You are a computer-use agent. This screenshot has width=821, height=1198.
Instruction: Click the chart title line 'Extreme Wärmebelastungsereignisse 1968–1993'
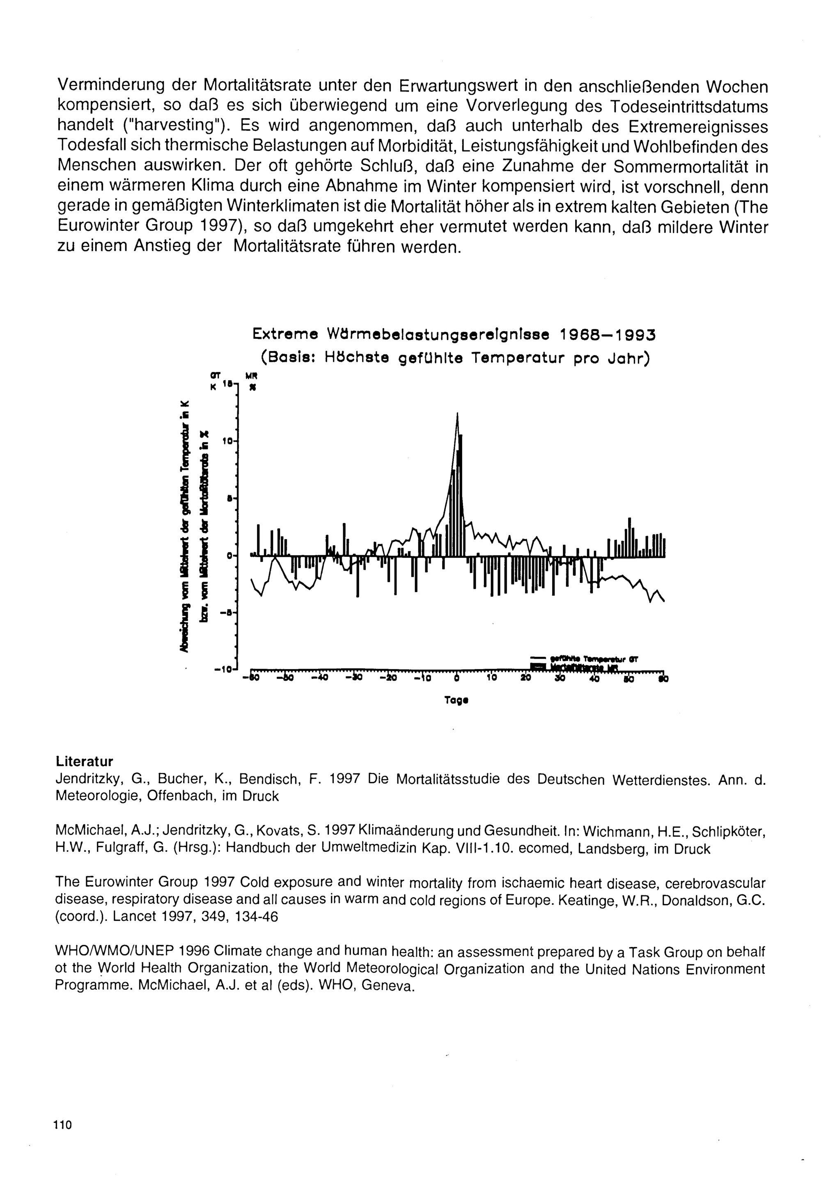[x=454, y=335]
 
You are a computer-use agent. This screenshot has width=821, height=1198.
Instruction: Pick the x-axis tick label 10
[x=491, y=678]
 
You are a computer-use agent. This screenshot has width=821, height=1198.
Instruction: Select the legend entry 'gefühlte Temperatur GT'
[x=593, y=658]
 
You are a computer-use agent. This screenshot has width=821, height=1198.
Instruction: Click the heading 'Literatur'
[x=84, y=761]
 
